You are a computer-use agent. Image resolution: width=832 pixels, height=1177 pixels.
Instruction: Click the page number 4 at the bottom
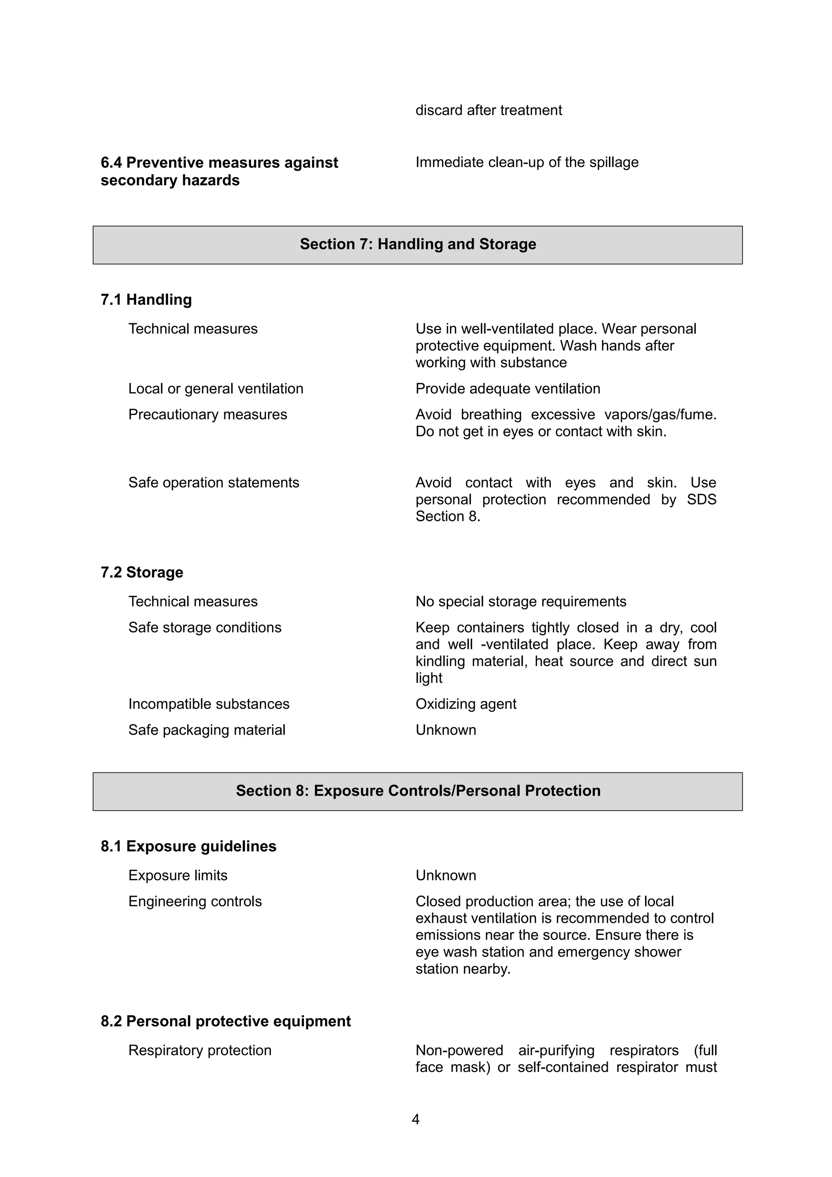pos(415,1119)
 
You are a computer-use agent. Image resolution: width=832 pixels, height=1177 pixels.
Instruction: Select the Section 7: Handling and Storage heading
pos(418,244)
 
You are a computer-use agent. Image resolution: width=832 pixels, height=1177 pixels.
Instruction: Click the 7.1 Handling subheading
pos(146,299)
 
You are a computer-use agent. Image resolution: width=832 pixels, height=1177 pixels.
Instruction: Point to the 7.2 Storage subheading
pos(142,572)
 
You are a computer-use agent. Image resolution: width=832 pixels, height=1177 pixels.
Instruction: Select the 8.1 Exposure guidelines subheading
pos(188,846)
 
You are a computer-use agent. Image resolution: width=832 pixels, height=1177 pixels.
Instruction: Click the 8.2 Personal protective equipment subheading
pos(225,1021)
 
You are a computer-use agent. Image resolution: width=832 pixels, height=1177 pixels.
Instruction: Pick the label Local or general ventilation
pos(216,389)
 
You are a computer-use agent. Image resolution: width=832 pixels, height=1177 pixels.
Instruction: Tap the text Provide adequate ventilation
pos(507,389)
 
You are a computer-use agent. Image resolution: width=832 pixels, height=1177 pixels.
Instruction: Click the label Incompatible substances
pos(209,704)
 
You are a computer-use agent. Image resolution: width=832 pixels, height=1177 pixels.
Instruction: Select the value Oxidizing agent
pos(466,704)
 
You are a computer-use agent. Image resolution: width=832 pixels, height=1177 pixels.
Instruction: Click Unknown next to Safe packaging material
pos(446,730)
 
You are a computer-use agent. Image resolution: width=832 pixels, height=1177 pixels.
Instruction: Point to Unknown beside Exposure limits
pos(446,875)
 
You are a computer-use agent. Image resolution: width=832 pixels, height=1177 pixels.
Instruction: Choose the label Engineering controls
pos(195,901)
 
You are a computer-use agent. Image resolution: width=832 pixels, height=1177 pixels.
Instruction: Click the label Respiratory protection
pos(200,1050)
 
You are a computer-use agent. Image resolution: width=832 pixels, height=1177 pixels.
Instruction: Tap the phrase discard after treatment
pos(489,110)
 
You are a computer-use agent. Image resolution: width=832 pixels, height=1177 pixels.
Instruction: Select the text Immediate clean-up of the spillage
pos(526,162)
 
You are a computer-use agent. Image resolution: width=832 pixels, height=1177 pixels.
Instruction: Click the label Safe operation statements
pos(214,482)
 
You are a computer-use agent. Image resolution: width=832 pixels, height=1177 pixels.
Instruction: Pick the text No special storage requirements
pos(521,601)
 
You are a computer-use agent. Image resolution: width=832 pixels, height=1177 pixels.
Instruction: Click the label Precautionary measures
pos(208,414)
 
